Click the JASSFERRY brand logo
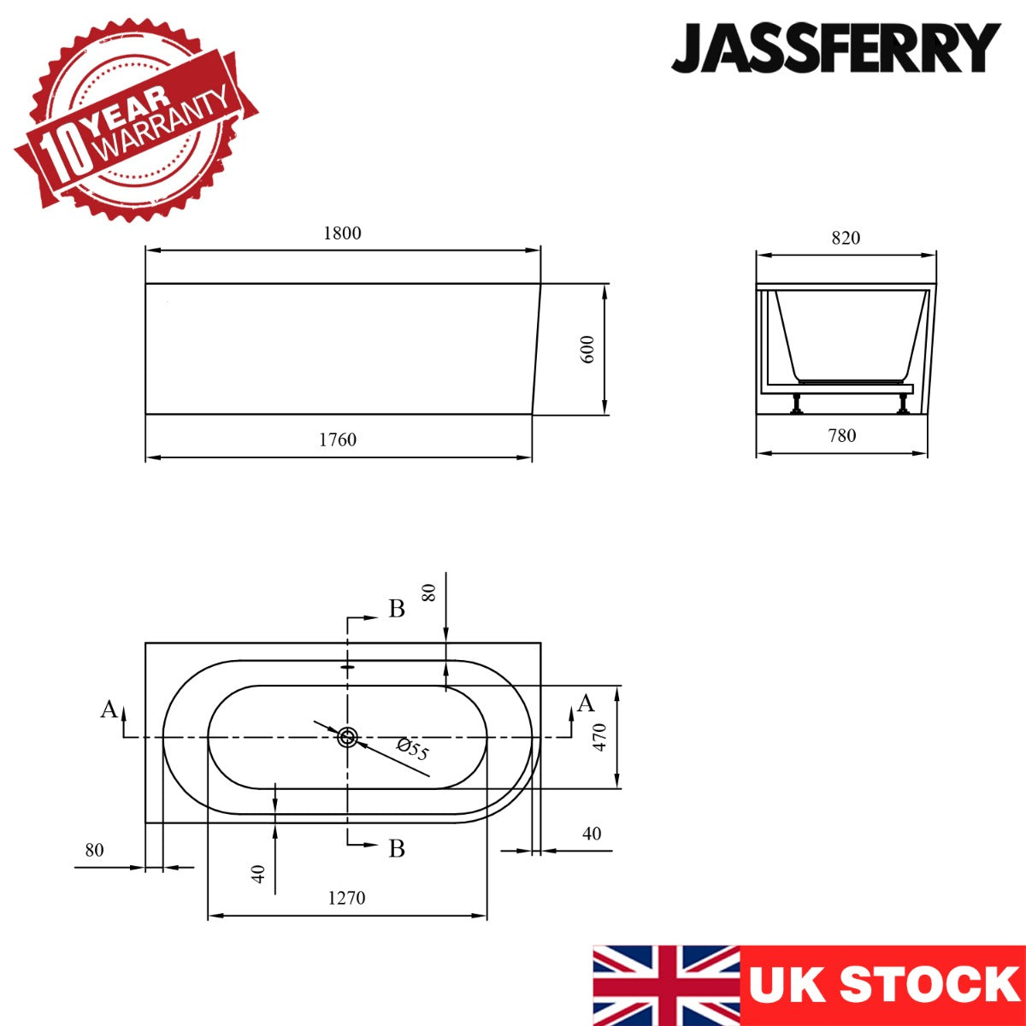pyautogui.click(x=835, y=48)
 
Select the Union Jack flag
pyautogui.click(x=666, y=985)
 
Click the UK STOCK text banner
pyautogui.click(x=883, y=985)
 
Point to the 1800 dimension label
pyautogui.click(x=342, y=233)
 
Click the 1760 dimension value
pyautogui.click(x=338, y=439)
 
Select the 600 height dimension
pyautogui.click(x=588, y=350)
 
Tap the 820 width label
pyautogui.click(x=846, y=238)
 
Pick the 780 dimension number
pyautogui.click(x=842, y=435)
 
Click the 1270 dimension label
pyautogui.click(x=346, y=898)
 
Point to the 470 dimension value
pyautogui.click(x=600, y=737)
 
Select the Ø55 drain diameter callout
pyautogui.click(x=413, y=750)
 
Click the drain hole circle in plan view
pyautogui.click(x=347, y=737)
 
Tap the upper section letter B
pyautogui.click(x=397, y=609)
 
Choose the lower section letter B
pyautogui.click(x=397, y=848)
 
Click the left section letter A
pyautogui.click(x=109, y=710)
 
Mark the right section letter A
pyautogui.click(x=586, y=704)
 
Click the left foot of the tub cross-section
pyautogui.click(x=796, y=404)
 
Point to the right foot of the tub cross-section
pyautogui.click(x=903, y=404)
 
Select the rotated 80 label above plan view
pyautogui.click(x=429, y=592)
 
